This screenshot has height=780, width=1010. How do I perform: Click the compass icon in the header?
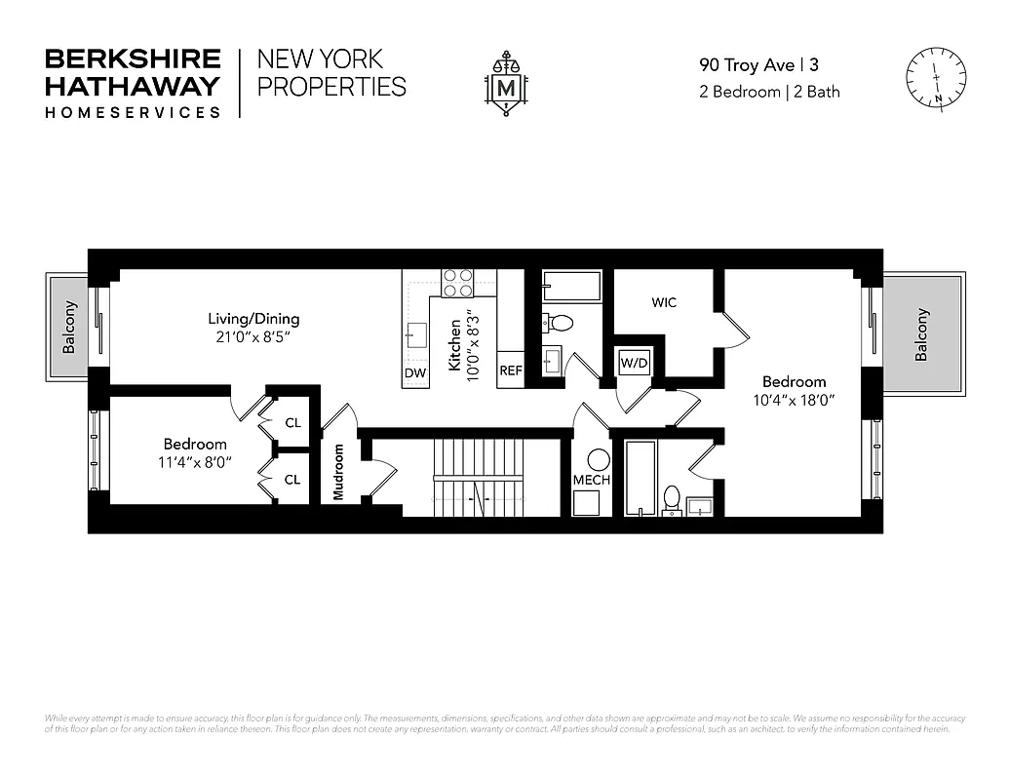pyautogui.click(x=935, y=80)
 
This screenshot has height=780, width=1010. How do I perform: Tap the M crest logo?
pyautogui.click(x=506, y=84)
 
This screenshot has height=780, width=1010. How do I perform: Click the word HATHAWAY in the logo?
pyautogui.click(x=133, y=86)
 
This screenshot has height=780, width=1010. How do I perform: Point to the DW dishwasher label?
pyautogui.click(x=414, y=373)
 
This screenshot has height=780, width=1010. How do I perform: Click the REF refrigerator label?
pyautogui.click(x=511, y=371)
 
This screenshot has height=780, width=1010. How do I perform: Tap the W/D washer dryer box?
pyautogui.click(x=635, y=364)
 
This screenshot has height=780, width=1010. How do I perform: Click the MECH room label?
pyautogui.click(x=591, y=480)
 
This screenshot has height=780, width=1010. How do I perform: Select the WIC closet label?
pyautogui.click(x=664, y=302)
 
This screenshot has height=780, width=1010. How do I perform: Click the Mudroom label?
pyautogui.click(x=339, y=473)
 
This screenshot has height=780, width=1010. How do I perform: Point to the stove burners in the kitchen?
pyautogui.click(x=458, y=283)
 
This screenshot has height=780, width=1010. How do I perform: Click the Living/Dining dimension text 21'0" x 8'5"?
pyautogui.click(x=253, y=336)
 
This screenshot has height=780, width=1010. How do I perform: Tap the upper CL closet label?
pyautogui.click(x=292, y=423)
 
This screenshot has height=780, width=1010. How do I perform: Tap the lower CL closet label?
pyautogui.click(x=292, y=480)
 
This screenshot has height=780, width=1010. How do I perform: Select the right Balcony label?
pyautogui.click(x=921, y=334)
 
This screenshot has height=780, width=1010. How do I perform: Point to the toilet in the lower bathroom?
pyautogui.click(x=671, y=498)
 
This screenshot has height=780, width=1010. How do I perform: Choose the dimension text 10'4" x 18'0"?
pyautogui.click(x=794, y=400)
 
